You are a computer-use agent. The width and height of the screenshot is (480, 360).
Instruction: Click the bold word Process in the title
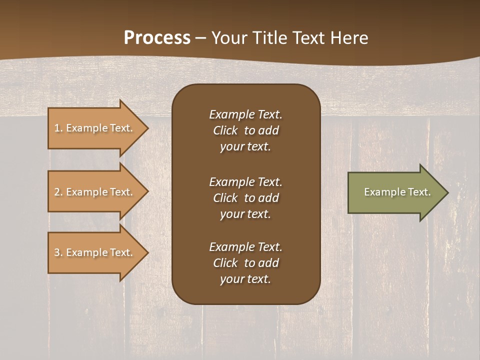[x=157, y=38]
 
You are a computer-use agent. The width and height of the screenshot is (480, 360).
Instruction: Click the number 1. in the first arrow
[x=58, y=128]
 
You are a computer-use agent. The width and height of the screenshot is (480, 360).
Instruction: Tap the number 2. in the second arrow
[x=58, y=192]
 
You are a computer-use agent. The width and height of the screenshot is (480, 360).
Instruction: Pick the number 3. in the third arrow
[x=58, y=252]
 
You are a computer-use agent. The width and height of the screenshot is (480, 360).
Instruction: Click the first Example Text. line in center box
[x=245, y=114]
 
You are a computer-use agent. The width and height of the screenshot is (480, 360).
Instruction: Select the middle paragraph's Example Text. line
[x=245, y=182]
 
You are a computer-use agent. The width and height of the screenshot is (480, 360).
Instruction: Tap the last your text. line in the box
[x=245, y=279]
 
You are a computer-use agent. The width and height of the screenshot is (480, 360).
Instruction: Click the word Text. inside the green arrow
[x=419, y=192]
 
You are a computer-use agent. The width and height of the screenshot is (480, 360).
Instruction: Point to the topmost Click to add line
[x=245, y=130]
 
